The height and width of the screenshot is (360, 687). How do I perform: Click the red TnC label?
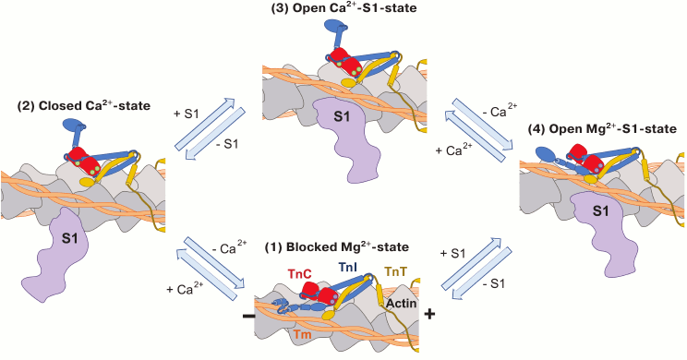click(x=297, y=275)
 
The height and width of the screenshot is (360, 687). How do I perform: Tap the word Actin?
click(x=401, y=303)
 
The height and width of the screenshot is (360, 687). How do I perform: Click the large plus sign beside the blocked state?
click(x=428, y=316)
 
